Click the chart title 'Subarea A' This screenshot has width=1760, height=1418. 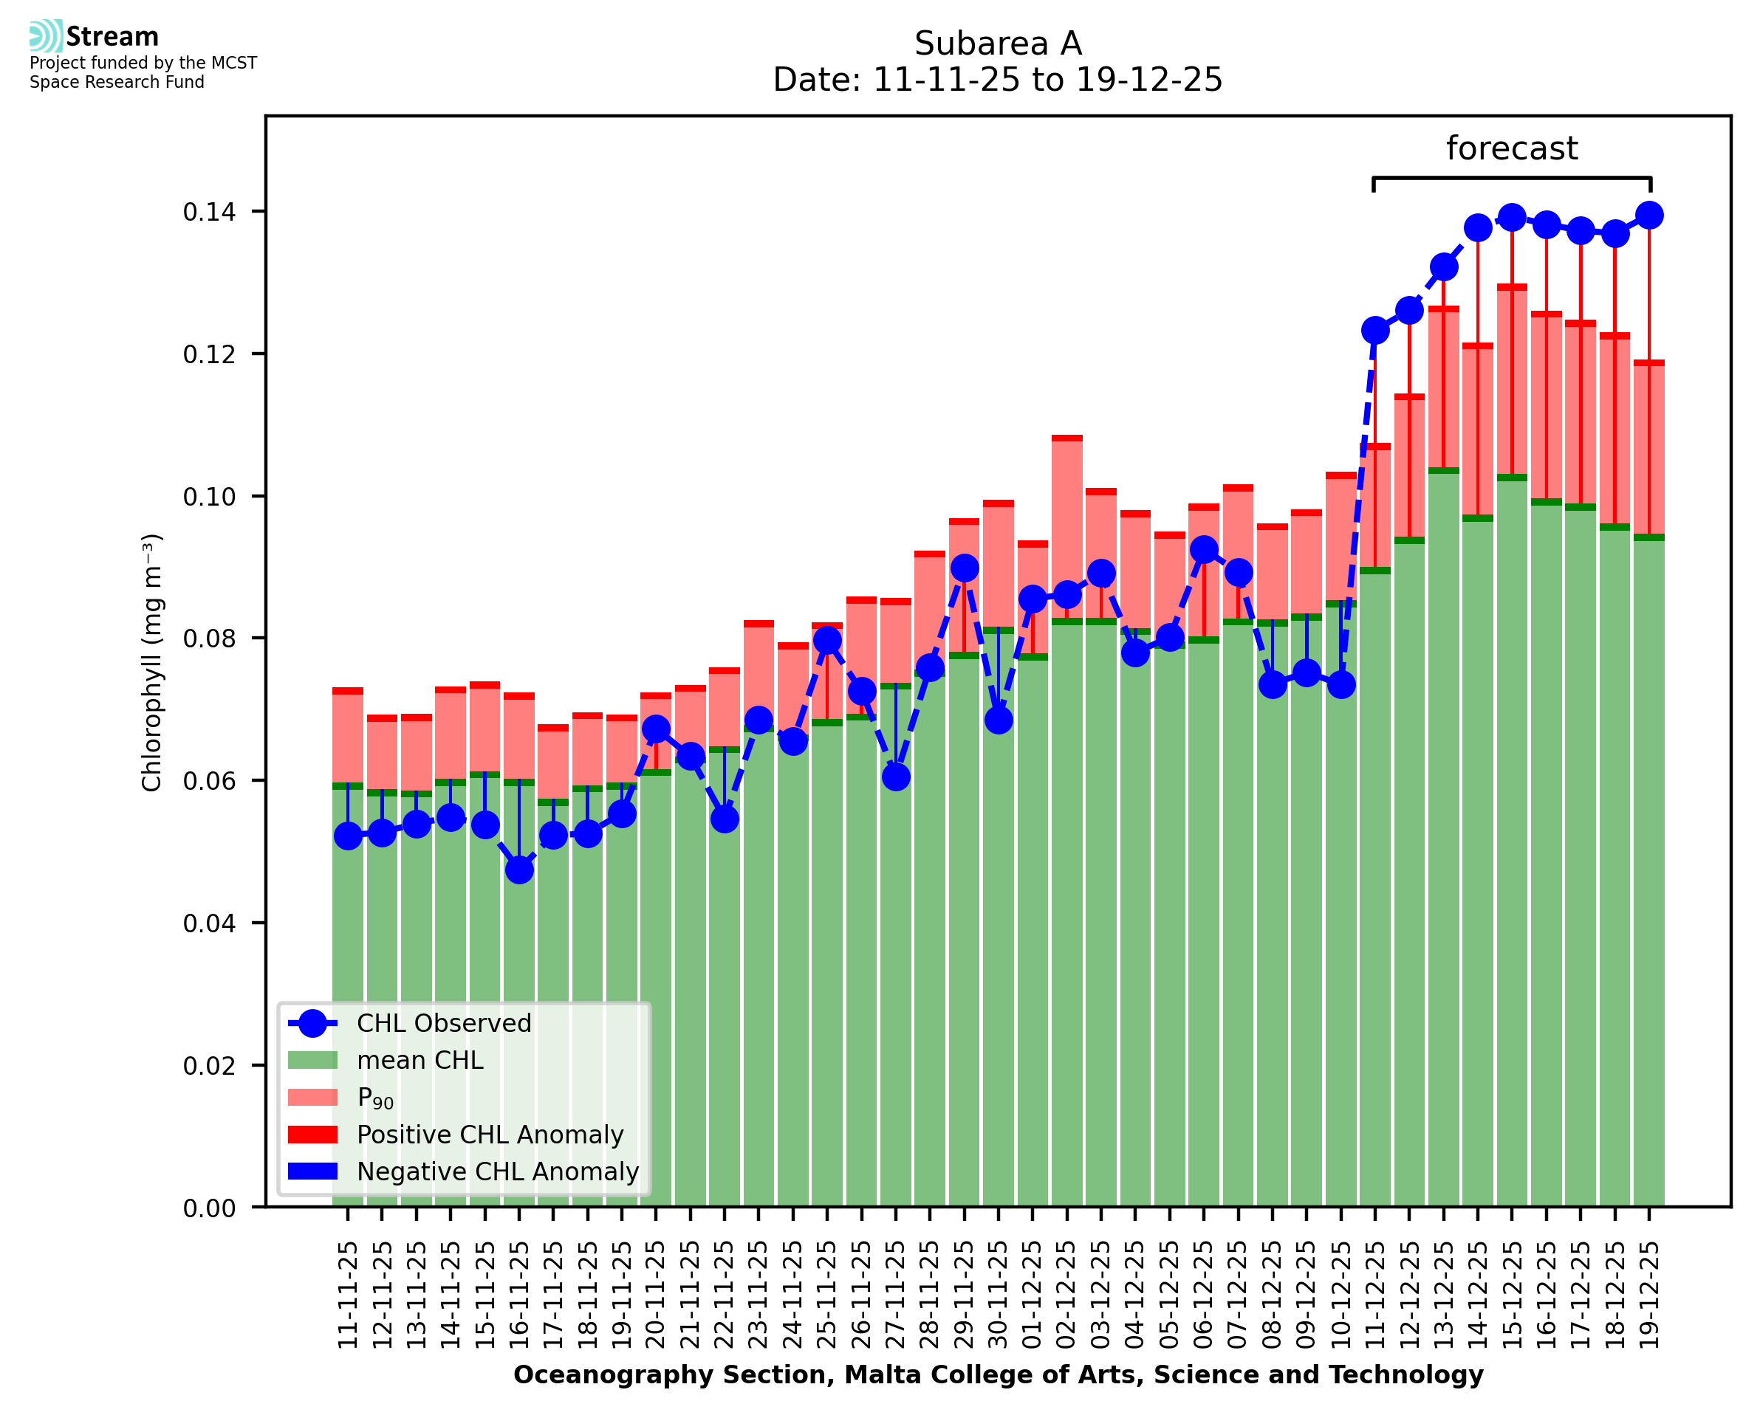coord(997,44)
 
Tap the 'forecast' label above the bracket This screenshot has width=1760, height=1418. coord(1511,148)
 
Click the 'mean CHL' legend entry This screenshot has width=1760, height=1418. coord(420,1059)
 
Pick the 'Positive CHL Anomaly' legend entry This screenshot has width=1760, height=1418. coord(490,1134)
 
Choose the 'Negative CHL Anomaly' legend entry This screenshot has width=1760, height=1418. coord(497,1171)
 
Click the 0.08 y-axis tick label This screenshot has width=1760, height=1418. coord(209,638)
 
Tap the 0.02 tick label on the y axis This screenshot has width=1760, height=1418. coord(209,1065)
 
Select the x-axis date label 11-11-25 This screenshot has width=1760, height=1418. coord(348,1295)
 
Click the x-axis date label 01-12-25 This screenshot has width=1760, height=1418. coord(1032,1295)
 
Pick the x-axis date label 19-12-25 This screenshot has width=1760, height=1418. coord(1649,1295)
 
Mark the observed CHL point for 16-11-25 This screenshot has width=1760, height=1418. coord(519,870)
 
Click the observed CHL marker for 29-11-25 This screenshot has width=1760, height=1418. coord(964,567)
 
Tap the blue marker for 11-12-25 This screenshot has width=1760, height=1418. coord(1375,330)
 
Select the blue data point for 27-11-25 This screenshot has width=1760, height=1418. coord(896,776)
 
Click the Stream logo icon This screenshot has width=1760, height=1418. coord(46,36)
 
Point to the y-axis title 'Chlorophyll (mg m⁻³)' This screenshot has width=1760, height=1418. coord(152,661)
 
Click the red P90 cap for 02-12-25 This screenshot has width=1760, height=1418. coord(1066,438)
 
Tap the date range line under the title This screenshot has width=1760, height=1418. coord(997,80)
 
